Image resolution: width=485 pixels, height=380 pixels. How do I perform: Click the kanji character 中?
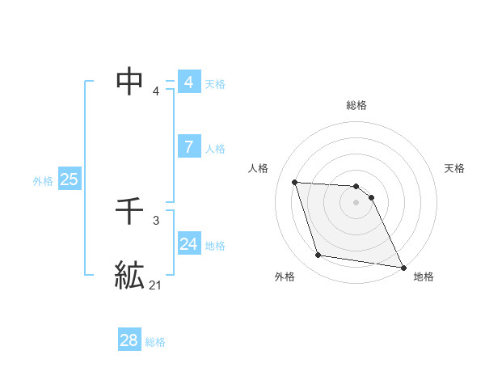click(130, 81)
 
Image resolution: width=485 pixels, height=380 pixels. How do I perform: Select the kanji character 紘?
click(130, 276)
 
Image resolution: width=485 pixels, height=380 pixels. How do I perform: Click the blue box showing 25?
click(69, 179)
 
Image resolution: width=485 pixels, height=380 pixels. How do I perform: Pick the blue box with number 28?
click(129, 340)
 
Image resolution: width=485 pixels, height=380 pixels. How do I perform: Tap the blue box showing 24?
click(188, 243)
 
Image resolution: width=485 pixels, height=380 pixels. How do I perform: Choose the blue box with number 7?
click(188, 147)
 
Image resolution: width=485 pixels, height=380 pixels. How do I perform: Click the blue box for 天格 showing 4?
click(188, 82)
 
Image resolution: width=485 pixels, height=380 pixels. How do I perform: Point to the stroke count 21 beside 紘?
click(155, 285)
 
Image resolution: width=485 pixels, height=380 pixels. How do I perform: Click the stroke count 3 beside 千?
click(155, 220)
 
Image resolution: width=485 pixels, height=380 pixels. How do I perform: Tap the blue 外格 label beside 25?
click(43, 181)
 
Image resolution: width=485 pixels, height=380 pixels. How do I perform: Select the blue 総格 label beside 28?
click(155, 342)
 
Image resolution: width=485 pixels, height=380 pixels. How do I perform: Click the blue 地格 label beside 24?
click(215, 246)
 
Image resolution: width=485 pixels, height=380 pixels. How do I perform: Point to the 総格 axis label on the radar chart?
click(356, 105)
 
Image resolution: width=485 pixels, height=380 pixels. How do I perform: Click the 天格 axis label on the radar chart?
click(454, 168)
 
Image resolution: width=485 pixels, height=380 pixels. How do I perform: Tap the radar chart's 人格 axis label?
click(258, 168)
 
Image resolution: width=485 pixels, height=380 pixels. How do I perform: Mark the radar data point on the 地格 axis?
click(403, 267)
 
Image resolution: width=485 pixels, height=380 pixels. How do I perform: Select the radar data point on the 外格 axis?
click(318, 255)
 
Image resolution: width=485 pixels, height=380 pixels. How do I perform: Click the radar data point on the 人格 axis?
click(295, 183)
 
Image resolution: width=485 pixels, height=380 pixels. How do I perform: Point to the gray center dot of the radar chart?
click(356, 202)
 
